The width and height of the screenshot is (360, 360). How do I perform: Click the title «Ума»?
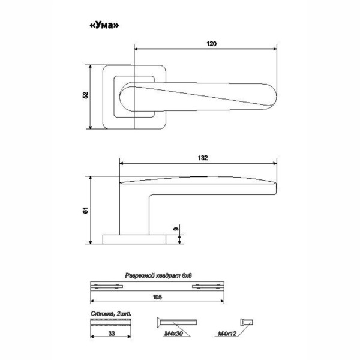[x=104, y=25]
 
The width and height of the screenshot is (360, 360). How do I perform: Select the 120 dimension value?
[x=211, y=44]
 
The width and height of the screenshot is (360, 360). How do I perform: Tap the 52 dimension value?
[x=85, y=95]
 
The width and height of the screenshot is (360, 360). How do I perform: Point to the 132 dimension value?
[x=203, y=158]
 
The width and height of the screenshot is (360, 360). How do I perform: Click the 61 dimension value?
[x=85, y=211]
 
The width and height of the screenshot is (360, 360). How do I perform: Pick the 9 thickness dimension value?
[x=176, y=229]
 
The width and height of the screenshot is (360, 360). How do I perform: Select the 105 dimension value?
[x=157, y=297]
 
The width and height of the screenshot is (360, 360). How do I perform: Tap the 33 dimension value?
[x=112, y=334]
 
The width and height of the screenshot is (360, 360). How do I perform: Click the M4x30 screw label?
[x=173, y=334]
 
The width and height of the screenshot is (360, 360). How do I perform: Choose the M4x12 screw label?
[x=227, y=334]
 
